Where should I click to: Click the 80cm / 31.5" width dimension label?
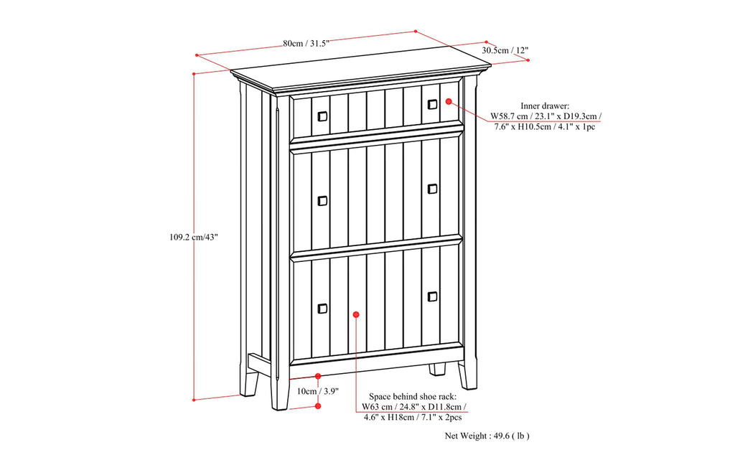pos(306,43)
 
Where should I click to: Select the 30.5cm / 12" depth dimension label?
pos(505,51)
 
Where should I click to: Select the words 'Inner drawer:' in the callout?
pos(545,105)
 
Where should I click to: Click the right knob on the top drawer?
pos(432,105)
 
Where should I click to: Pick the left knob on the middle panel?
pos(322,200)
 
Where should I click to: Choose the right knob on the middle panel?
pos(432,189)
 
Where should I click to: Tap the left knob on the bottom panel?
pos(322,309)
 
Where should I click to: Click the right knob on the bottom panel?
pos(432,296)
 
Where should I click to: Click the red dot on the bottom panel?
pos(356,314)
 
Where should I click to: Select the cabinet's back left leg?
pos(250,379)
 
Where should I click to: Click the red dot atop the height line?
pos(194,73)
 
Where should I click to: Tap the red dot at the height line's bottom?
pos(194,399)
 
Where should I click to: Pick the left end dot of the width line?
pos(197,55)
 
